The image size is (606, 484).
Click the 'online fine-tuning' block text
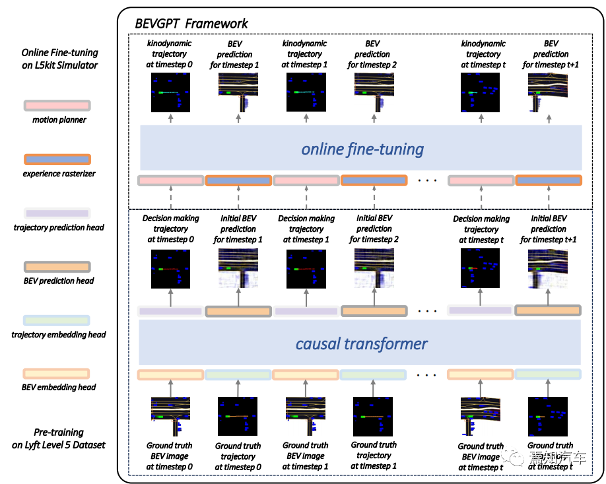pyautogui.click(x=362, y=149)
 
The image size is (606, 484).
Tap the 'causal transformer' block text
pyautogui.click(x=361, y=343)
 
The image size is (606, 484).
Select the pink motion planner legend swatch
pyautogui.click(x=57, y=106)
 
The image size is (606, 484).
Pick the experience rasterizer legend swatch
pyautogui.click(x=57, y=159)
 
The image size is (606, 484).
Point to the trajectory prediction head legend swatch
pyautogui.click(x=57, y=213)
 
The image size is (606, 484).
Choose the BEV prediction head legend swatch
pyautogui.click(x=57, y=267)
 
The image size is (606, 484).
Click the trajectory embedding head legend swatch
pyautogui.click(x=57, y=320)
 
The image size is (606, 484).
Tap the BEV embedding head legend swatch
pyautogui.click(x=57, y=374)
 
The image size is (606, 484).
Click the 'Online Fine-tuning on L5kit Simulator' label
pyautogui.click(x=59, y=59)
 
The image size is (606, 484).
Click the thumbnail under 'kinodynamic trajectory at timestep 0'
pyautogui.click(x=170, y=93)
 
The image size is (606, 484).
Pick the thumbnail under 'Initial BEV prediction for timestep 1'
pyautogui.click(x=238, y=269)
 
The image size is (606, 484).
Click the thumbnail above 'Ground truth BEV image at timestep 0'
pyautogui.click(x=171, y=417)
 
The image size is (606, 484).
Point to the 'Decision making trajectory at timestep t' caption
pyautogui.click(x=481, y=229)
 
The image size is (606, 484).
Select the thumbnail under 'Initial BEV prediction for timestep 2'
pyautogui.click(x=374, y=269)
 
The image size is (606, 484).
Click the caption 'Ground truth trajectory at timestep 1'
pyautogui.click(x=374, y=456)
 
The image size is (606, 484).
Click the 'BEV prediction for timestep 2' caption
pyautogui.click(x=373, y=54)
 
